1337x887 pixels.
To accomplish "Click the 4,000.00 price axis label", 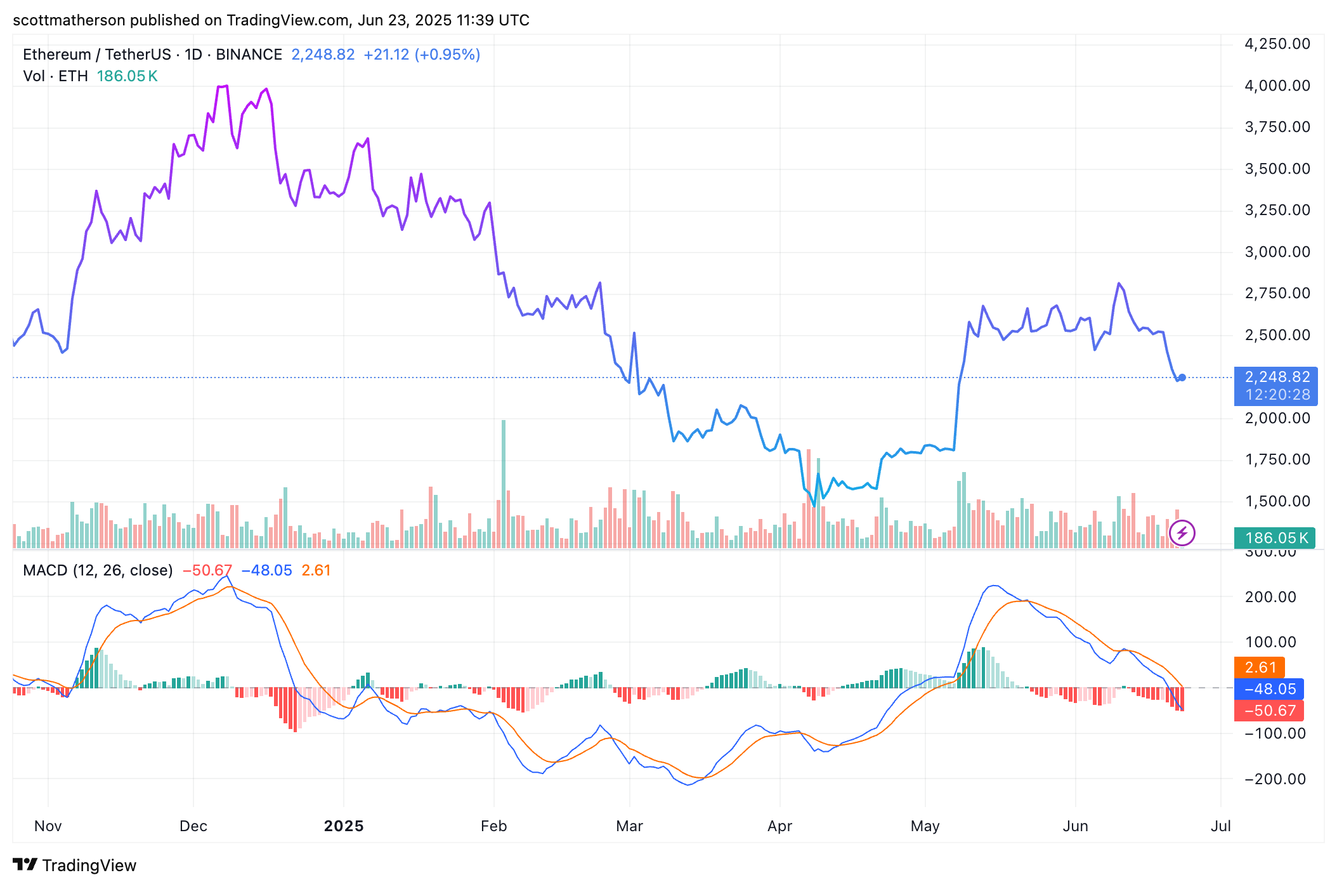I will click(x=1277, y=86).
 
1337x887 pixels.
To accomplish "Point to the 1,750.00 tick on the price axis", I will click(x=1277, y=459).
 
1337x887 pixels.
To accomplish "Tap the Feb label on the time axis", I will click(x=493, y=826).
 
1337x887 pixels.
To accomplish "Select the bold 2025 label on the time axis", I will click(x=344, y=826).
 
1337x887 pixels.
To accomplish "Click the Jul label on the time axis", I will click(x=1220, y=826).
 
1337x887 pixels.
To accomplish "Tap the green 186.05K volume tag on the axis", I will click(x=1274, y=538).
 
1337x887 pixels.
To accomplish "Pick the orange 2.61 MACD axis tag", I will click(x=1260, y=667).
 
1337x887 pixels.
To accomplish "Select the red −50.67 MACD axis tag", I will click(x=1269, y=711).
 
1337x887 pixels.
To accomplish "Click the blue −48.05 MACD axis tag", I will click(x=1269, y=689).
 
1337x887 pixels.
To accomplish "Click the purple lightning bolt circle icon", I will click(x=1182, y=533).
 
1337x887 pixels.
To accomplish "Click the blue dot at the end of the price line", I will click(x=1182, y=378).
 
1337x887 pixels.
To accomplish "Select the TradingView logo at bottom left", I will click(x=75, y=865).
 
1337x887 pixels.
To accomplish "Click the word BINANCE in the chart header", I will click(x=249, y=55).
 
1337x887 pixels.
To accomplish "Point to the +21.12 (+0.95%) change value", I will click(x=422, y=55).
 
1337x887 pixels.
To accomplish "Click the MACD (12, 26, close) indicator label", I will click(x=98, y=570).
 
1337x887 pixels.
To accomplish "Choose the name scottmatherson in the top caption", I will click(x=69, y=20).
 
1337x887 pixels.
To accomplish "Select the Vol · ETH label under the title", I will click(x=55, y=76).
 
